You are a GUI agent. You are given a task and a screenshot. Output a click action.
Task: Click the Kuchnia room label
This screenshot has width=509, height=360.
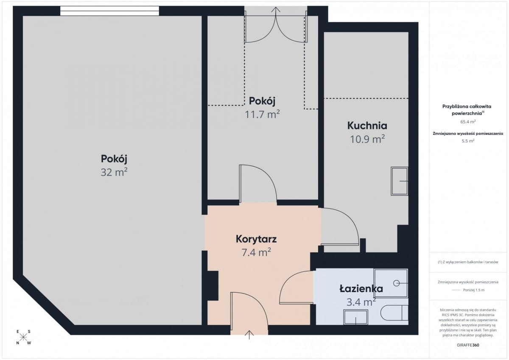point(367,126)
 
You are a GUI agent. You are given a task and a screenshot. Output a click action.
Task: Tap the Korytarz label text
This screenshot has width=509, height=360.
point(256,239)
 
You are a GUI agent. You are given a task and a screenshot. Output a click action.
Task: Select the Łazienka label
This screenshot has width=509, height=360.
point(361,288)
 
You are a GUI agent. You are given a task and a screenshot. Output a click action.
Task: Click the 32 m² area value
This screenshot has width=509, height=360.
point(114,172)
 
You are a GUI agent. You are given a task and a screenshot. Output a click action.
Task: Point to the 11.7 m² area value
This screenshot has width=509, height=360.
point(262,114)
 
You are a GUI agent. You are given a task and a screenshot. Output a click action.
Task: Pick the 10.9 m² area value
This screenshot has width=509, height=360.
point(367,139)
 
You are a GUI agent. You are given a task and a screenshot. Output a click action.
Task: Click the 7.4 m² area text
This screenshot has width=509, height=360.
point(256,252)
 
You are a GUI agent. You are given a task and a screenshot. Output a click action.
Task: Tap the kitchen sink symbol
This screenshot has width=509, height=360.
point(399,181)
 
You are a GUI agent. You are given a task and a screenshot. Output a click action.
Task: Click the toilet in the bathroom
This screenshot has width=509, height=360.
point(394,313)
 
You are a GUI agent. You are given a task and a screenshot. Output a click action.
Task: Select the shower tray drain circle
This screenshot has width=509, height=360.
point(396,283)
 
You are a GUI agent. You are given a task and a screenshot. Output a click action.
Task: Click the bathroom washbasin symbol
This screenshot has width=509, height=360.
point(355,317)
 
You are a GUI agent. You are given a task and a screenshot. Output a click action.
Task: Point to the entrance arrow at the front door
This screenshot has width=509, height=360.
point(249,335)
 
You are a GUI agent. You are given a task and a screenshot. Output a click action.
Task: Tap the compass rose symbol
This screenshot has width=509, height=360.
point(23,337)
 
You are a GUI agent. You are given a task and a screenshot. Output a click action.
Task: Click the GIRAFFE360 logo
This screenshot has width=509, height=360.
point(468,345)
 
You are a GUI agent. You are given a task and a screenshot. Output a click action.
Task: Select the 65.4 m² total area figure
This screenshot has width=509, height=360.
point(468,122)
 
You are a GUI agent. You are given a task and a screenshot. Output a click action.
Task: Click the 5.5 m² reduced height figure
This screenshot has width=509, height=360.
point(468,141)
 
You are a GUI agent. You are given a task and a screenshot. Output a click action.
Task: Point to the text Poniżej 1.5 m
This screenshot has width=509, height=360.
point(474,290)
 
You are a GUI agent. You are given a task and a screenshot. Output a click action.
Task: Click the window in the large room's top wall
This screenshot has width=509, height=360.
point(109,11)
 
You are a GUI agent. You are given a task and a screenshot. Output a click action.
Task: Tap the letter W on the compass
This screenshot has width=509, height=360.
point(29,343)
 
